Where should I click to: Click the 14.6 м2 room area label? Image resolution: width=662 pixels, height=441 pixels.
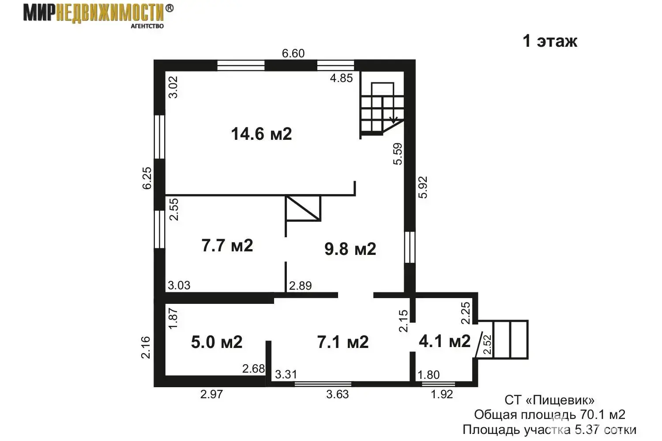pyautogui.click(x=261, y=134)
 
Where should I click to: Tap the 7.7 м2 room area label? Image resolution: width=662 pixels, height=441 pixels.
pyautogui.click(x=227, y=246)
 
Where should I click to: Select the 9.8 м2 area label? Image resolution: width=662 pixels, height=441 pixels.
pyautogui.click(x=350, y=249)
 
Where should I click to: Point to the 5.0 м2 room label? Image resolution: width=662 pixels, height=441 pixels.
pyautogui.click(x=217, y=342)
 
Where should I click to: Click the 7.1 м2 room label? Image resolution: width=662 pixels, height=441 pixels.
pyautogui.click(x=343, y=342)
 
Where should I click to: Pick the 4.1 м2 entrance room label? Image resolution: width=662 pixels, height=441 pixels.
pyautogui.click(x=444, y=341)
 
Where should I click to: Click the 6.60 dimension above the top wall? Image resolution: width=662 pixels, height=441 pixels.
pyautogui.click(x=293, y=53)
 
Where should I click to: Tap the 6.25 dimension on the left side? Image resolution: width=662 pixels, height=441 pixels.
pyautogui.click(x=147, y=178)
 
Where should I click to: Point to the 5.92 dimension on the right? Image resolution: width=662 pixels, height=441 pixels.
pyautogui.click(x=423, y=187)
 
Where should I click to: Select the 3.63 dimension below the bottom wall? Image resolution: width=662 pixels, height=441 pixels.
pyautogui.click(x=338, y=394)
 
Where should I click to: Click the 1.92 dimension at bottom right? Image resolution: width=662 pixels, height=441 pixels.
pyautogui.click(x=442, y=394)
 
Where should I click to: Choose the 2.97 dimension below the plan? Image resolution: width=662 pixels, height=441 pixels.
pyautogui.click(x=211, y=394)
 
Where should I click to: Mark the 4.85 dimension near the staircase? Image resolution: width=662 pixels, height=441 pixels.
pyautogui.click(x=341, y=78)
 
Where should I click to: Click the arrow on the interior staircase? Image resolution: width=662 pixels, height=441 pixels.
pyautogui.click(x=393, y=120)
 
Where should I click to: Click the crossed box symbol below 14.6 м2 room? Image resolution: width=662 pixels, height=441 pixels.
pyautogui.click(x=303, y=208)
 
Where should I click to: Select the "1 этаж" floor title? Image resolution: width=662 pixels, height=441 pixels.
pyautogui.click(x=550, y=41)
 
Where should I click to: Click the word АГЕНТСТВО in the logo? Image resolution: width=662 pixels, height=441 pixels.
pyautogui.click(x=147, y=26)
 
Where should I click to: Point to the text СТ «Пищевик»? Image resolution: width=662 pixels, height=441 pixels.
pyautogui.click(x=549, y=400)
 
